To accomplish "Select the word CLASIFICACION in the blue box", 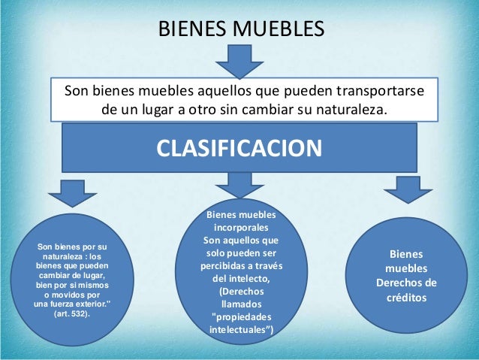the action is (239, 147).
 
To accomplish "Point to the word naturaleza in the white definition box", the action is (346, 110).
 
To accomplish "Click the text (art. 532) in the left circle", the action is (71, 313).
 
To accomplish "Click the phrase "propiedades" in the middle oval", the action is (241, 316).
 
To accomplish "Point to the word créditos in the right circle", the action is (405, 297).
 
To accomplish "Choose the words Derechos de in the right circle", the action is (405, 283).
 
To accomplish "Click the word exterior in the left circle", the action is (89, 304).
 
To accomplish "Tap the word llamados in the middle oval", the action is (241, 304).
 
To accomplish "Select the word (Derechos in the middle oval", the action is (241, 292).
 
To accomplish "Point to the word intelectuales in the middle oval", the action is (239, 329).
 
